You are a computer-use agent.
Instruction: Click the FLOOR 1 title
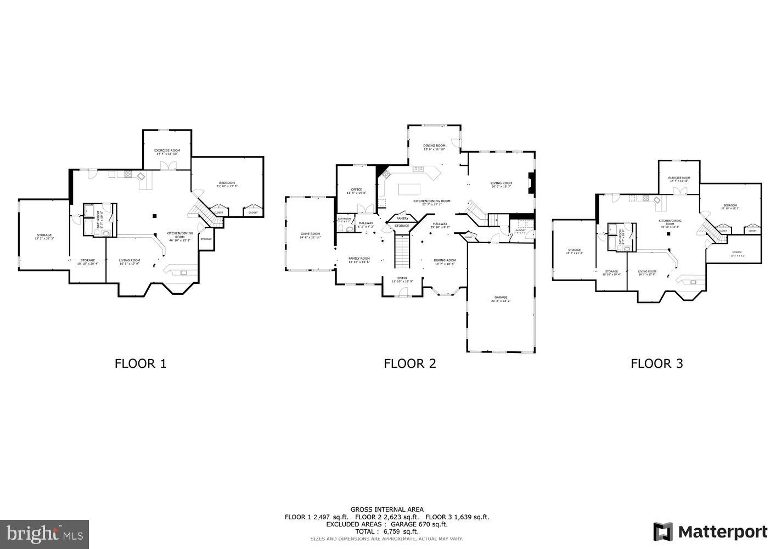click(140, 363)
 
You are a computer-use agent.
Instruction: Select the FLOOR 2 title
click(409, 363)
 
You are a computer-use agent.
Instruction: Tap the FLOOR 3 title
click(656, 363)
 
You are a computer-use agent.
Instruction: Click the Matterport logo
click(710, 531)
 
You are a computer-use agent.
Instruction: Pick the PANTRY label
click(402, 219)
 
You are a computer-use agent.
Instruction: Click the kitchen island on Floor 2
click(409, 189)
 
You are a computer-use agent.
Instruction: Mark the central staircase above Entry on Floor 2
click(402, 250)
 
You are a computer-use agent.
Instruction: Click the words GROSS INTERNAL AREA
click(387, 509)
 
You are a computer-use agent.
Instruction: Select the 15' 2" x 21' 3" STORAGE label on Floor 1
click(44, 237)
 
